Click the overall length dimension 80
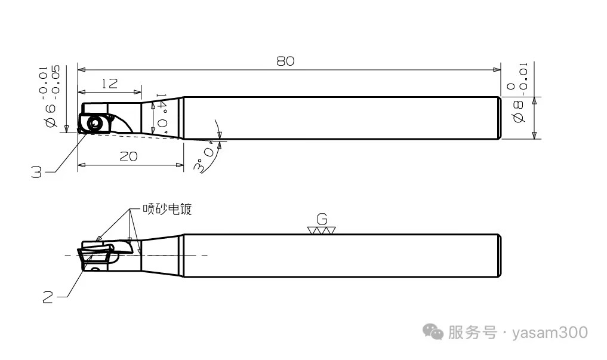pyautogui.click(x=285, y=61)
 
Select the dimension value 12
pyautogui.click(x=109, y=84)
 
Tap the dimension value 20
pyautogui.click(x=128, y=156)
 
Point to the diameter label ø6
pyautogui.click(x=50, y=114)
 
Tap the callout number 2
pyautogui.click(x=48, y=296)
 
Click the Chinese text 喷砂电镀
pyautogui.click(x=167, y=210)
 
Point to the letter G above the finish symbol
pyautogui.click(x=322, y=218)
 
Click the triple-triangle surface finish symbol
pyautogui.click(x=322, y=230)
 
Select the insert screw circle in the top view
pyautogui.click(x=94, y=123)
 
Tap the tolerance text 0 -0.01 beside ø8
pyautogui.click(x=517, y=76)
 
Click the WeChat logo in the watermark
pyautogui.click(x=433, y=332)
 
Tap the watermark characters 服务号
pyautogui.click(x=472, y=333)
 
